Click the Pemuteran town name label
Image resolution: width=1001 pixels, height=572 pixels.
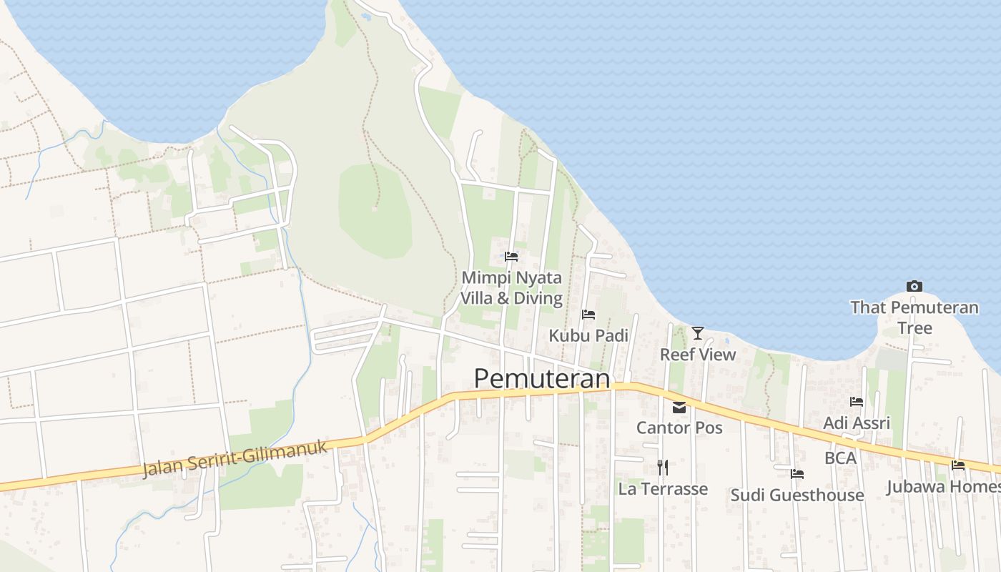(542, 378)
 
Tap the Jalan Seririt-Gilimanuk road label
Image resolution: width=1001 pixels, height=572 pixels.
(235, 458)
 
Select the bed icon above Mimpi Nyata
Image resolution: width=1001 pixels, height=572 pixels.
(511, 256)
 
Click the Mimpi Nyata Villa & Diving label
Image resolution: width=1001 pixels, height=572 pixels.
(511, 287)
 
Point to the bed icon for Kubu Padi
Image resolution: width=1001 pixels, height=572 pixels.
(588, 315)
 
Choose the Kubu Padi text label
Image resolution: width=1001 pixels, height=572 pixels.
(588, 335)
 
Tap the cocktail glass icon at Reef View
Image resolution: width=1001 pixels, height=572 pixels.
(698, 332)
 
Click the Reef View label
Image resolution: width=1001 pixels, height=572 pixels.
(698, 354)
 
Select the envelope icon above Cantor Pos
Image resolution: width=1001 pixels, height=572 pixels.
(679, 408)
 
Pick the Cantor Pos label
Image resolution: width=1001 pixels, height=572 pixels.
(679, 428)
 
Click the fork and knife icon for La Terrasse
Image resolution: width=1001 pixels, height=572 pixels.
(663, 468)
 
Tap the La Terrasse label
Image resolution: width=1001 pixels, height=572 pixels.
(663, 489)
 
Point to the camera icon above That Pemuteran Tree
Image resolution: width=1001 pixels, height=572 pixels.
(914, 287)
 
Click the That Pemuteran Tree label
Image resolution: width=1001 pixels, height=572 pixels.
(914, 317)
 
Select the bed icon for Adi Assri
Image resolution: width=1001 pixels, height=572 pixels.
(857, 402)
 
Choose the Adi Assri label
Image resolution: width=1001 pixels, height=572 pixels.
(857, 423)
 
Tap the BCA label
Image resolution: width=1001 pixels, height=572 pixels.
(840, 458)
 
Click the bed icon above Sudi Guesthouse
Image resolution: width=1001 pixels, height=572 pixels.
(797, 474)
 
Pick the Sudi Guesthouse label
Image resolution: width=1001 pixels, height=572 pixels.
(797, 495)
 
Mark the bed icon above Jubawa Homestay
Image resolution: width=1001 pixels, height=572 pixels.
(958, 465)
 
